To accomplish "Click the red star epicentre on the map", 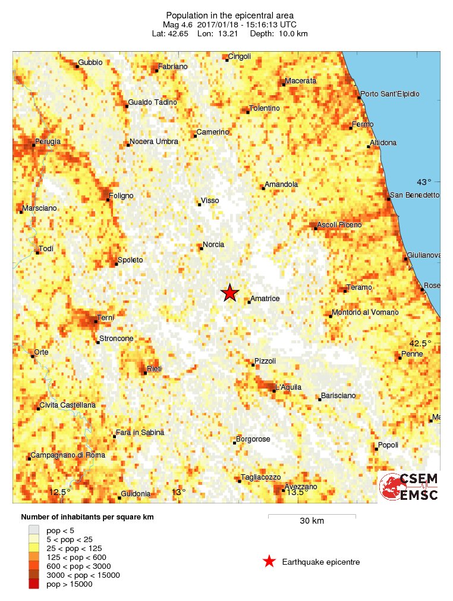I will click(229, 293).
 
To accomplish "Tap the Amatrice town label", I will click(265, 299).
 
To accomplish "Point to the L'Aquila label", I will click(288, 387).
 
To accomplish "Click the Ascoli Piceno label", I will click(339, 225).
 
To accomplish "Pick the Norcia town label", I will click(213, 245).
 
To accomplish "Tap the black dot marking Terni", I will click(96, 321).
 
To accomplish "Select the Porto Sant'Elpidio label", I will click(390, 94).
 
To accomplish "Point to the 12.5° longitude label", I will click(59, 492).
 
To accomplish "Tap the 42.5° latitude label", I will click(420, 343).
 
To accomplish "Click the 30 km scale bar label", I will click(312, 521).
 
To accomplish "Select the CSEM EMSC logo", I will click(409, 487).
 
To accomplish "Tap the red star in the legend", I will click(269, 561).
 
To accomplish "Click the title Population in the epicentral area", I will click(229, 15).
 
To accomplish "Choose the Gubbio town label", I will click(90, 62).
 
